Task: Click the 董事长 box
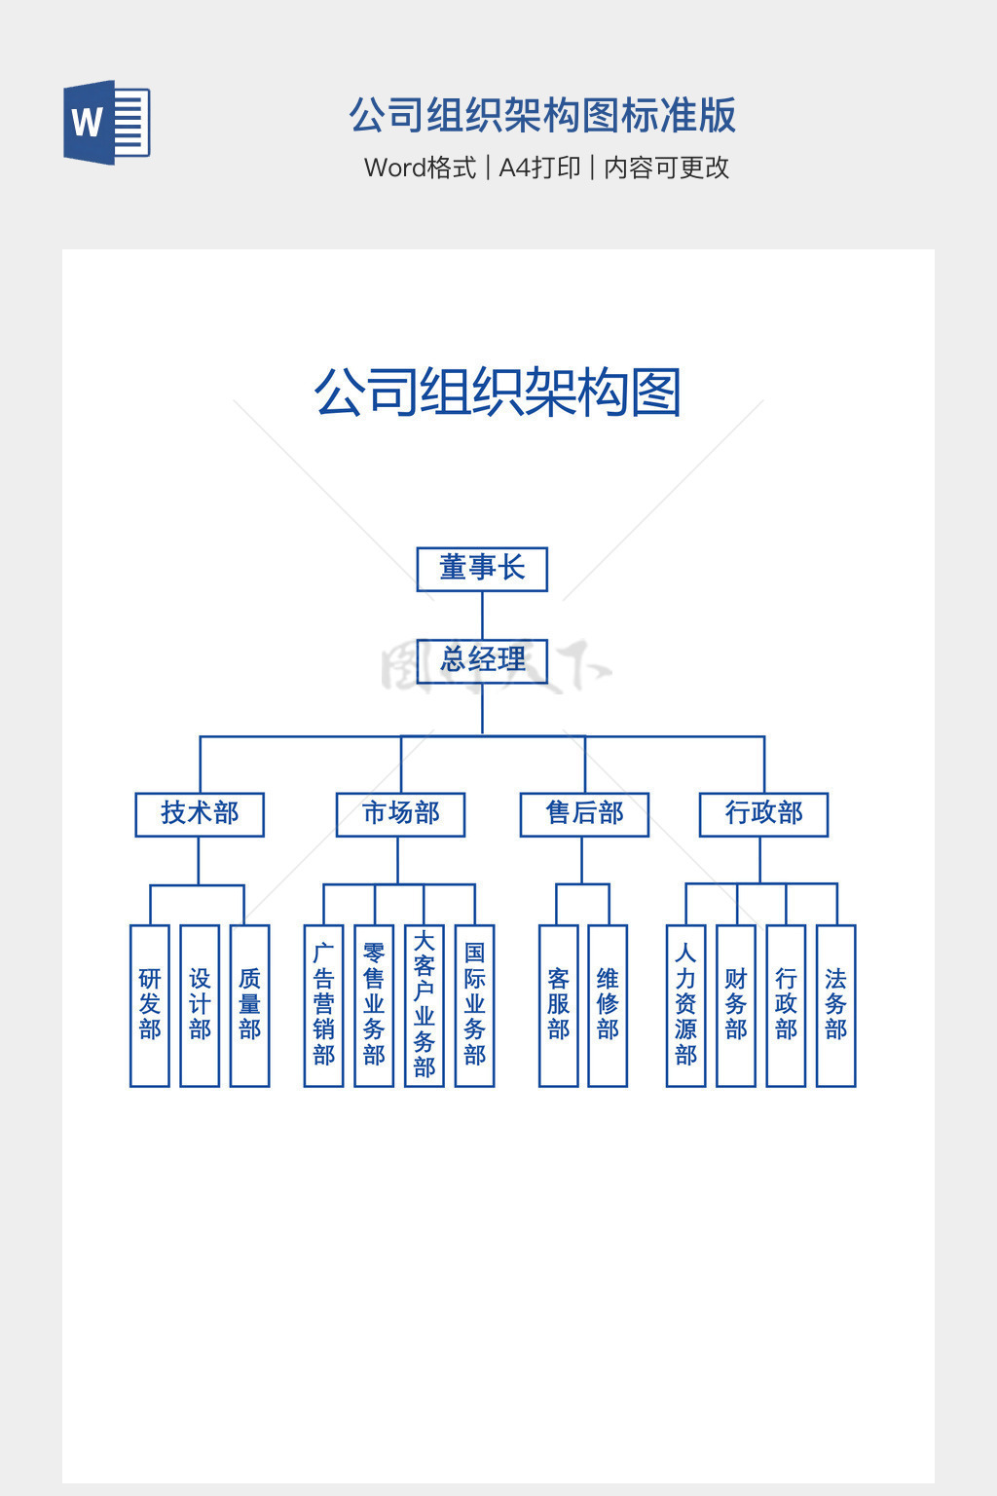(x=482, y=569)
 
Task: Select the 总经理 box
(x=482, y=660)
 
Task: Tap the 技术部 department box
(x=200, y=814)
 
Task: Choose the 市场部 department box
(x=400, y=814)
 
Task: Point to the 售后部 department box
(x=584, y=814)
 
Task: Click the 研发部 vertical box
(x=150, y=1005)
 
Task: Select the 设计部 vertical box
(x=200, y=1005)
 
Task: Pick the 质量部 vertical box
(x=249, y=1005)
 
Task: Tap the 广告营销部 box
(x=323, y=1005)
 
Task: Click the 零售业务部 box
(x=374, y=1005)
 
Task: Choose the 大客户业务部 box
(x=425, y=1005)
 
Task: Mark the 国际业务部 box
(x=474, y=1005)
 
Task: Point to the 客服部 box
(x=558, y=1005)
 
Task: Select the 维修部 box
(x=608, y=1005)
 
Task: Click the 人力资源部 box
(x=685, y=1005)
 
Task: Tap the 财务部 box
(x=736, y=1005)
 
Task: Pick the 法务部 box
(x=835, y=1005)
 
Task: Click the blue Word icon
(x=107, y=123)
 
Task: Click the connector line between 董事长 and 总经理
(x=482, y=615)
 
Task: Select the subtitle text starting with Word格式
(x=546, y=168)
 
